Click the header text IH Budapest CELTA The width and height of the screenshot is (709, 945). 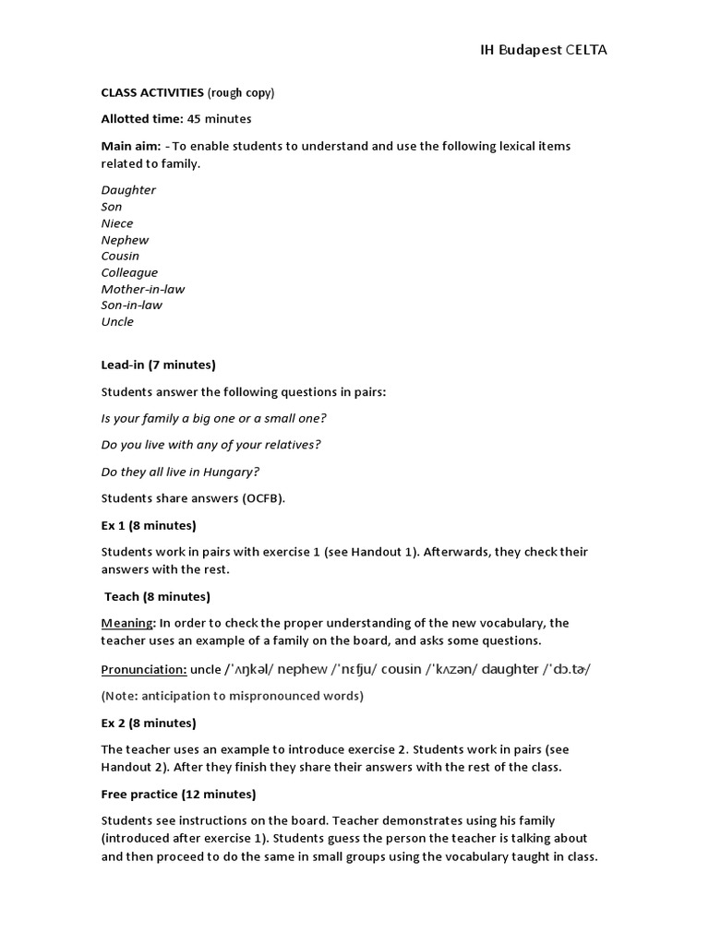coord(544,50)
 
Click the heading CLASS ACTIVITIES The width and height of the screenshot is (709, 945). coord(152,92)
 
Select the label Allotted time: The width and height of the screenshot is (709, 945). coord(142,119)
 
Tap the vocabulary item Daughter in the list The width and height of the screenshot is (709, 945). coord(128,190)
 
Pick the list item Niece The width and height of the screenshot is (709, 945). coord(117,223)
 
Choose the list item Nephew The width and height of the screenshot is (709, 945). coord(125,240)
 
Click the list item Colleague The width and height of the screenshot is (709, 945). coord(129,272)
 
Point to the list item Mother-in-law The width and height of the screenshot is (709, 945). coord(143,289)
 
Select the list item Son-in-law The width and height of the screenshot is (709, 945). coord(131,305)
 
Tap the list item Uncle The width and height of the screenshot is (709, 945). coord(117,322)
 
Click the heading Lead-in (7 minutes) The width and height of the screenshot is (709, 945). coord(158,365)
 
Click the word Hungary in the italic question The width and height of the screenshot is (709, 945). coord(232,472)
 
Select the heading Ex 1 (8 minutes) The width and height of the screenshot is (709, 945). coord(149,525)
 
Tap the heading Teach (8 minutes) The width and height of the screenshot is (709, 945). coord(157,596)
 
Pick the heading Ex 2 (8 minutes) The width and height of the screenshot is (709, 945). coord(149,723)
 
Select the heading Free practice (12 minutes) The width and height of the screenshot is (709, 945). coord(178,794)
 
